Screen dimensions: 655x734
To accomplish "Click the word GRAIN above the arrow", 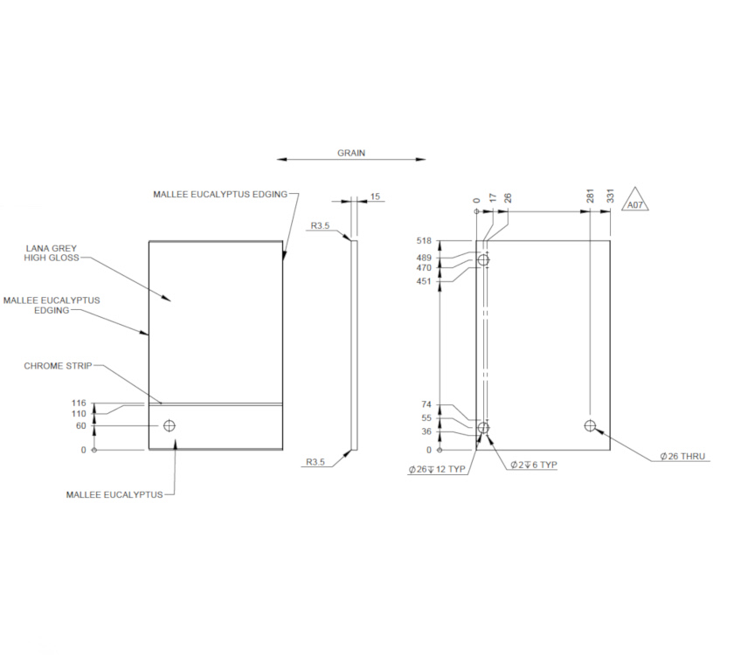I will tap(351, 153).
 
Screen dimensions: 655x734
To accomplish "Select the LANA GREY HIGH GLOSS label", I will tap(52, 253).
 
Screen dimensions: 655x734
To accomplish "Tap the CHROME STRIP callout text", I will tap(58, 366).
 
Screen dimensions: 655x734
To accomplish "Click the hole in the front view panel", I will tap(169, 425).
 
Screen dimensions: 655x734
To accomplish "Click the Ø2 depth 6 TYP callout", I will tap(534, 465).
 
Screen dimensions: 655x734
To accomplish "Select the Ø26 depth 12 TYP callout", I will tap(437, 470).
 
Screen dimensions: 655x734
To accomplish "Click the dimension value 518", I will tap(425, 240).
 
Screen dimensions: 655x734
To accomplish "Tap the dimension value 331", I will tap(610, 198).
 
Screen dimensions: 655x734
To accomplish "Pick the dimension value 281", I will tap(591, 198).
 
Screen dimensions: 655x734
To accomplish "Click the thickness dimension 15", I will tap(375, 196).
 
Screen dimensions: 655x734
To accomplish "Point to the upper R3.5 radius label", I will tap(319, 226).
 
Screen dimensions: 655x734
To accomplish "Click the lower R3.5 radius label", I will tap(317, 463).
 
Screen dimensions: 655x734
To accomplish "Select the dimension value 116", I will tap(79, 403).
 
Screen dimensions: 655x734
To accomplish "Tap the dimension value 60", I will tap(81, 425).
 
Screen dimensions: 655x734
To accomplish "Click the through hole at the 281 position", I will tap(591, 426).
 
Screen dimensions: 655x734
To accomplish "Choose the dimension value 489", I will tap(425, 258).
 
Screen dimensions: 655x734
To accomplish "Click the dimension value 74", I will tap(426, 405).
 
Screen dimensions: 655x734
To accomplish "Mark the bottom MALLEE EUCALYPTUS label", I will tap(114, 494).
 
